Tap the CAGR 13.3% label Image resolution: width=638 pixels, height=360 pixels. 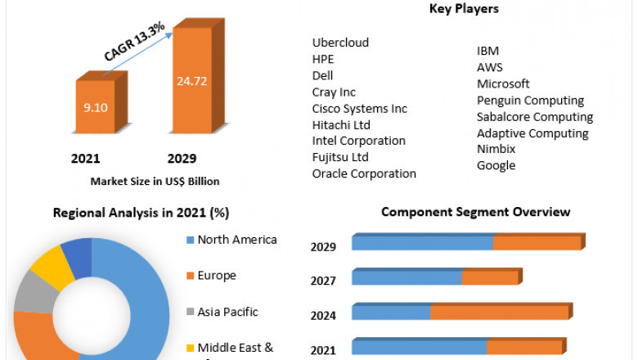pyautogui.click(x=135, y=41)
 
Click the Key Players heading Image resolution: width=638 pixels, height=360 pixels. pyautogui.click(x=464, y=9)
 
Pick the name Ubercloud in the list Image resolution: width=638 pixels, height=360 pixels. pyautogui.click(x=340, y=43)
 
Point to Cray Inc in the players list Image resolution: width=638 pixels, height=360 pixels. pyautogui.click(x=334, y=92)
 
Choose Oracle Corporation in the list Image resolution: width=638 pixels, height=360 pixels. pyautogui.click(x=364, y=173)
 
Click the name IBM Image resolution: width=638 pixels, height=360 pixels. pyautogui.click(x=488, y=51)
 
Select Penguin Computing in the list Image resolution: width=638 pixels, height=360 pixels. pyautogui.click(x=530, y=100)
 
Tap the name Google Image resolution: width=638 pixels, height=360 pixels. pyautogui.click(x=496, y=165)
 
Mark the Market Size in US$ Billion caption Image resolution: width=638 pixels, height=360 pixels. pyautogui.click(x=155, y=181)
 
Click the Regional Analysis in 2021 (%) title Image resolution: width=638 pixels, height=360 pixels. pyautogui.click(x=141, y=213)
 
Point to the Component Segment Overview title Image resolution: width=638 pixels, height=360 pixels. pyautogui.click(x=475, y=212)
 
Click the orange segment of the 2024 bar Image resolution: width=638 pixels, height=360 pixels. pyautogui.click(x=500, y=313)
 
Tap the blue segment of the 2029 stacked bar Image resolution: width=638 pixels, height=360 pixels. pyautogui.click(x=422, y=243)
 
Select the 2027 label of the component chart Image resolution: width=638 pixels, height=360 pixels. pyautogui.click(x=323, y=281)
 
